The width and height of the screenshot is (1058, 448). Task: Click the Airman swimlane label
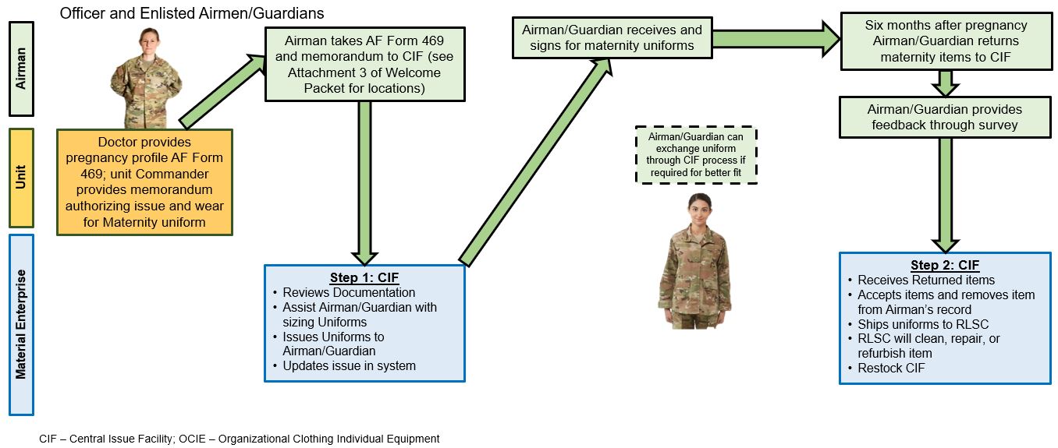pyautogui.click(x=21, y=68)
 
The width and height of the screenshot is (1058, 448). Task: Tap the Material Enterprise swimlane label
pyautogui.click(x=21, y=324)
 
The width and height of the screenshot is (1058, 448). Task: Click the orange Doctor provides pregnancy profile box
pyautogui.click(x=144, y=182)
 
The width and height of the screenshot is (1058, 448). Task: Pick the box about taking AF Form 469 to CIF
pyautogui.click(x=364, y=64)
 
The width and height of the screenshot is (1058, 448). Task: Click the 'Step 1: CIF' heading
pyautogui.click(x=364, y=277)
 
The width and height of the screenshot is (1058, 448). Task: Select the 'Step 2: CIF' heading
pyautogui.click(x=944, y=265)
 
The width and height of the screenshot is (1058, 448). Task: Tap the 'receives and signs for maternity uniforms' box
pyautogui.click(x=611, y=37)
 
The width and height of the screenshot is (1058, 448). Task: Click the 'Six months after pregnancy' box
pyautogui.click(x=945, y=41)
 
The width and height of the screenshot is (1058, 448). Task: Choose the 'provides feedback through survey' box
pyautogui.click(x=945, y=117)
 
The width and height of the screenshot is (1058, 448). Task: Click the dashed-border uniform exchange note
pyautogui.click(x=697, y=154)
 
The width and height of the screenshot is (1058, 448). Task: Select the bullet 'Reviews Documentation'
pyautogui.click(x=349, y=292)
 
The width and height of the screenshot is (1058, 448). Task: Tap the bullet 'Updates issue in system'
pyautogui.click(x=349, y=365)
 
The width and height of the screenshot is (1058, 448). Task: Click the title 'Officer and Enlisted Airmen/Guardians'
pyautogui.click(x=192, y=13)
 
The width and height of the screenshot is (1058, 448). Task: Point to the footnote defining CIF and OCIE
pyautogui.click(x=240, y=439)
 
